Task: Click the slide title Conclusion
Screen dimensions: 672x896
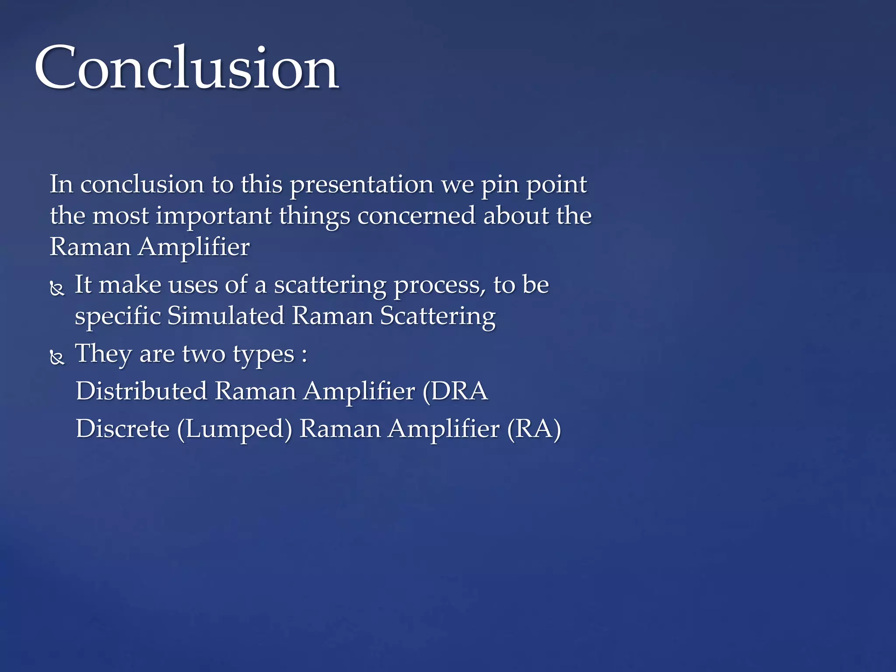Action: coord(186,68)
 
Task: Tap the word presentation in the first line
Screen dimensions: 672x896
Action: coord(361,185)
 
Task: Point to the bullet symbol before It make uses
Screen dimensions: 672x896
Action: coord(57,289)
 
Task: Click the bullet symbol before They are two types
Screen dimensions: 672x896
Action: coord(57,357)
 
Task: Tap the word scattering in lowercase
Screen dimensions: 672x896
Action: coord(330,285)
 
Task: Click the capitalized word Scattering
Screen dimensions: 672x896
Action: coord(437,316)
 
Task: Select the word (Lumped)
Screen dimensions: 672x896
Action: coord(234,429)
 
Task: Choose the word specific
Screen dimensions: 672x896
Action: coord(118,316)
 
